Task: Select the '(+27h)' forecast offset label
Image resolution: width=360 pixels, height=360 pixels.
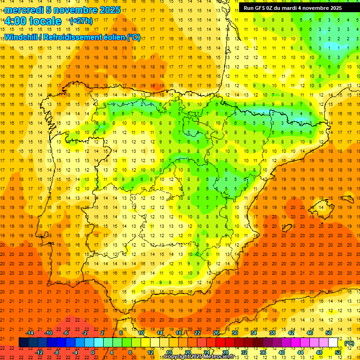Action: (81, 21)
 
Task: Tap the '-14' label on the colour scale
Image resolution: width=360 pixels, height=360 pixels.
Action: (30, 333)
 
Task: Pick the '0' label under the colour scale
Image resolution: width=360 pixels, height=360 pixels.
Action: (93, 352)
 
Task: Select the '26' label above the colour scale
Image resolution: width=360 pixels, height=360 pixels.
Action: (216, 333)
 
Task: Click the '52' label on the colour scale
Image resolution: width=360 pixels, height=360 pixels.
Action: (338, 352)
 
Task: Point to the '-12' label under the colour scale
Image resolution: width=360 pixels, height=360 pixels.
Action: (39, 352)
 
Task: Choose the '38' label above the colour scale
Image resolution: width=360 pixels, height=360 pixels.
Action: (272, 333)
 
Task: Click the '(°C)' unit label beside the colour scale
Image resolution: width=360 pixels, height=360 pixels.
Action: (349, 343)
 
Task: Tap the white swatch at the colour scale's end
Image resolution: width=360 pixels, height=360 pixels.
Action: (333, 343)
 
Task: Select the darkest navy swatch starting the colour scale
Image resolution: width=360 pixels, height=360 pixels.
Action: (23, 343)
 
